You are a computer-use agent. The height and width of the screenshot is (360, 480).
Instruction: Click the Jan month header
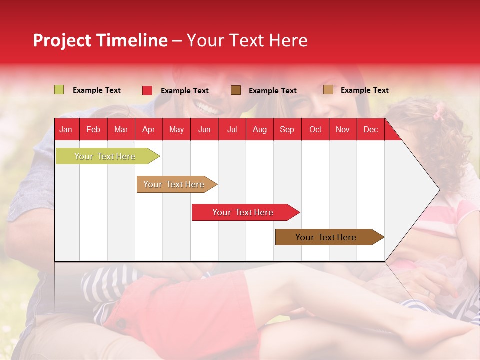(66, 130)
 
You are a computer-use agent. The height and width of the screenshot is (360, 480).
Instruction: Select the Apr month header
(149, 130)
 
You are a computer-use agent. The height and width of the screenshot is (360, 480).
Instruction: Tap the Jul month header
(232, 130)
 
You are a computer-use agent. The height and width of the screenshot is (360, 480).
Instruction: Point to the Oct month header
(315, 130)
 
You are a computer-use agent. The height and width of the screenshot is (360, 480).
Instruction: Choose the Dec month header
(370, 130)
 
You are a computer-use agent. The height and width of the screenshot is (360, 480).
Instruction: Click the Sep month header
(287, 130)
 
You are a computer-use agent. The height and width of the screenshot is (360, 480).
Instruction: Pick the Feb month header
(93, 130)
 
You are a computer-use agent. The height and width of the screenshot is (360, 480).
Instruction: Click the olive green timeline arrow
(108, 156)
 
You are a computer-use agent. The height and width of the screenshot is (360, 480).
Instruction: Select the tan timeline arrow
(177, 184)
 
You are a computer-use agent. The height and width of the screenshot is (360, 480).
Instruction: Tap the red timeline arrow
(246, 212)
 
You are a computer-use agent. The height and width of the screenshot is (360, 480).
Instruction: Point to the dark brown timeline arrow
(330, 237)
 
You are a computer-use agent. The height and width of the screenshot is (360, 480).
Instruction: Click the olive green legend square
(59, 90)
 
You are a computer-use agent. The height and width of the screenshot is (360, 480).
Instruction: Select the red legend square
(147, 90)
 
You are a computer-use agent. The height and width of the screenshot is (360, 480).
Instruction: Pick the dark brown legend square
(236, 90)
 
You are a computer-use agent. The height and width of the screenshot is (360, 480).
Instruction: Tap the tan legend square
(328, 89)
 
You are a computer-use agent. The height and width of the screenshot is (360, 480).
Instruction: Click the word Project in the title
(62, 40)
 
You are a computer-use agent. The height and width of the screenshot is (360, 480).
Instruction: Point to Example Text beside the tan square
(365, 90)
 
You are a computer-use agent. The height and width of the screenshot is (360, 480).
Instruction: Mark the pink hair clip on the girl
(440, 111)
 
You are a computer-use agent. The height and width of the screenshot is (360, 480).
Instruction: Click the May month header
(176, 130)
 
